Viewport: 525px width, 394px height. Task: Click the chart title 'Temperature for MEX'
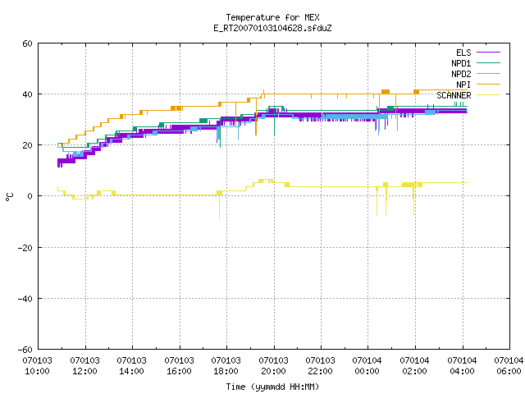(x=272, y=17)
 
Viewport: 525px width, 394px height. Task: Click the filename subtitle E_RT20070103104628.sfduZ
(x=272, y=28)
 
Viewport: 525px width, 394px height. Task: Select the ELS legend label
(x=463, y=53)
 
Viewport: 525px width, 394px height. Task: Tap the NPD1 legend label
(x=461, y=63)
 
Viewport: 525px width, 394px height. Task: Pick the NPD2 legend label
(x=461, y=74)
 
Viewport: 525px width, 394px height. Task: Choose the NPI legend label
(x=463, y=85)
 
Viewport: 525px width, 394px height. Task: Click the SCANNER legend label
(x=454, y=95)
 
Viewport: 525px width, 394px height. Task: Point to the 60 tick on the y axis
(x=27, y=44)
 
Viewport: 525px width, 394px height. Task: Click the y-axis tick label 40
(x=27, y=94)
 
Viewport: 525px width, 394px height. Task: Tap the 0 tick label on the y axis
(x=30, y=196)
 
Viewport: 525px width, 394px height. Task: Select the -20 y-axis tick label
(x=25, y=248)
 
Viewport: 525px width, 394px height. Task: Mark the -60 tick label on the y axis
(x=25, y=350)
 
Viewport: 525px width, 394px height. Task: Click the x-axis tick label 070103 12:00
(x=84, y=366)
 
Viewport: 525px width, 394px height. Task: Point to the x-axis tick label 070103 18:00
(x=226, y=366)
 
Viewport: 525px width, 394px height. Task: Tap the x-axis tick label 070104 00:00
(x=367, y=366)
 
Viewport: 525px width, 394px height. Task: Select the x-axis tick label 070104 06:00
(x=509, y=366)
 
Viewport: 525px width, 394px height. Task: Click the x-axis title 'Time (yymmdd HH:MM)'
(x=272, y=387)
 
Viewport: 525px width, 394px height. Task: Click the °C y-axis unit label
(x=9, y=197)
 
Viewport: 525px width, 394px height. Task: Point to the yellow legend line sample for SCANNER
(x=488, y=95)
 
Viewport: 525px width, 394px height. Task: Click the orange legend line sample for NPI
(x=488, y=85)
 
